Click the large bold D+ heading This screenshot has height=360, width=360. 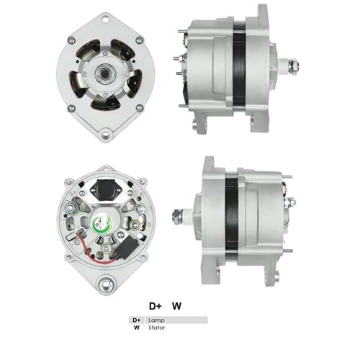(156, 306)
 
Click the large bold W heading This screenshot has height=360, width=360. (176, 306)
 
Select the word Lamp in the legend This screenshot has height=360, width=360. (156, 320)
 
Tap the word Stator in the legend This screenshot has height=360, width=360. (157, 328)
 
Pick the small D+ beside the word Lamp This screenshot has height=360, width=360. (137, 320)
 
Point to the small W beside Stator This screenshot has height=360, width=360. (137, 328)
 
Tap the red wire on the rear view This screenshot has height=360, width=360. (92, 252)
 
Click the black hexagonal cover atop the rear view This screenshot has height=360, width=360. (104, 189)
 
